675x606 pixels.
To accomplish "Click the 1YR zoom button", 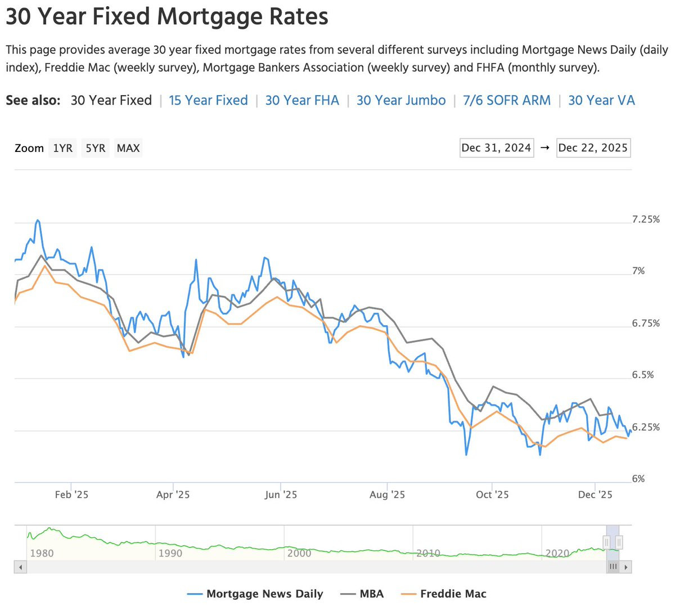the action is (62, 147).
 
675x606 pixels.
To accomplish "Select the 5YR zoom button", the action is (95, 147).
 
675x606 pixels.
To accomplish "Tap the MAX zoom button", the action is (128, 147).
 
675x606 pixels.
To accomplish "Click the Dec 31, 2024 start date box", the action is (497, 147).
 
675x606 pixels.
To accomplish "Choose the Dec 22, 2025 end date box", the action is (593, 147).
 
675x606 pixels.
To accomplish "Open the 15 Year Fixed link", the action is (208, 100).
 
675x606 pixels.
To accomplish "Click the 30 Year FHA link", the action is (302, 100).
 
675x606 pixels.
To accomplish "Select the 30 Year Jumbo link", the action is (401, 100).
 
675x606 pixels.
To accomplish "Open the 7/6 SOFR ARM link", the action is (507, 100).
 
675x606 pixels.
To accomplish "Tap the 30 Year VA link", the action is (601, 100).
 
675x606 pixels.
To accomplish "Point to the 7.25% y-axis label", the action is (646, 219).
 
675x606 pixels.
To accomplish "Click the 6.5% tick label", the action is (643, 375).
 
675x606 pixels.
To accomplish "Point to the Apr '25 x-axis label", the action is (173, 495).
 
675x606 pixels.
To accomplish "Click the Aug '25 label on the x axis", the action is (387, 495).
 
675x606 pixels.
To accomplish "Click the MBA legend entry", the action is (362, 594).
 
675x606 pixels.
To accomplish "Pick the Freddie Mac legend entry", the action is (443, 594).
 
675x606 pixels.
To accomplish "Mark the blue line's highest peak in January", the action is (38, 220).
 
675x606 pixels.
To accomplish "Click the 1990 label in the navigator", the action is (170, 553).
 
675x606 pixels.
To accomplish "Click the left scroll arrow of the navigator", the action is (20, 567).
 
